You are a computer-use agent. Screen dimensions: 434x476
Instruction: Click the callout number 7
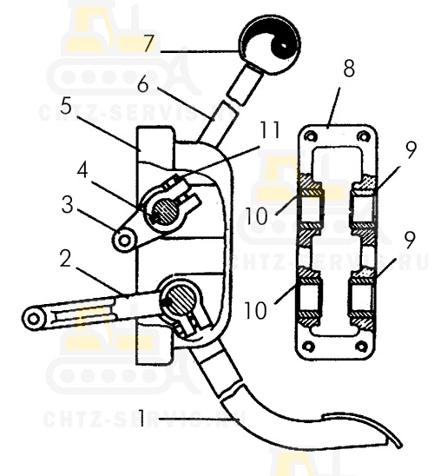tap(149, 43)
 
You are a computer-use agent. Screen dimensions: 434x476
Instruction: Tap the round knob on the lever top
tap(269, 44)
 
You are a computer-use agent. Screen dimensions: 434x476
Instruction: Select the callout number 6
tap(143, 84)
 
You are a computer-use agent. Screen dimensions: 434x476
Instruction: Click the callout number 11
tap(268, 130)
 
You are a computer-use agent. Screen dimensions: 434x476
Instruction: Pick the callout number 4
tap(82, 170)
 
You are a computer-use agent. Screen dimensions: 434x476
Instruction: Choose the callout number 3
tap(68, 205)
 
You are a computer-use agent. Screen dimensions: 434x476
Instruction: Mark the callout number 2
tap(65, 259)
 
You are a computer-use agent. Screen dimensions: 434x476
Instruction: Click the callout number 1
tap(141, 418)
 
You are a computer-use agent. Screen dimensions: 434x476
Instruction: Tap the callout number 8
tap(349, 69)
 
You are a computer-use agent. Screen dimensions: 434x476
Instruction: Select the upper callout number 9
tap(411, 149)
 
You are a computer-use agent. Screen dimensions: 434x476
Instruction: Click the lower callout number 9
tap(410, 240)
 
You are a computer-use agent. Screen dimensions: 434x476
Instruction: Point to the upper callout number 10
tap(257, 215)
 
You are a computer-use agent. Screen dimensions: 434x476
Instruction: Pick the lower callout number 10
tap(255, 310)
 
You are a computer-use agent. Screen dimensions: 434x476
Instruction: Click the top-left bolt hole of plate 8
tap(310, 136)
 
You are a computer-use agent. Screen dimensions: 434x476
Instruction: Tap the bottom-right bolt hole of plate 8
tap(361, 346)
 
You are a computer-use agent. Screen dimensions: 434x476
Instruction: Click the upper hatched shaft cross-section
tap(164, 209)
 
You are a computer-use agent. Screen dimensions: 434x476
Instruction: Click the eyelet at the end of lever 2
tap(33, 319)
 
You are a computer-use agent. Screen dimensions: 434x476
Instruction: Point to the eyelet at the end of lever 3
tap(124, 241)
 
